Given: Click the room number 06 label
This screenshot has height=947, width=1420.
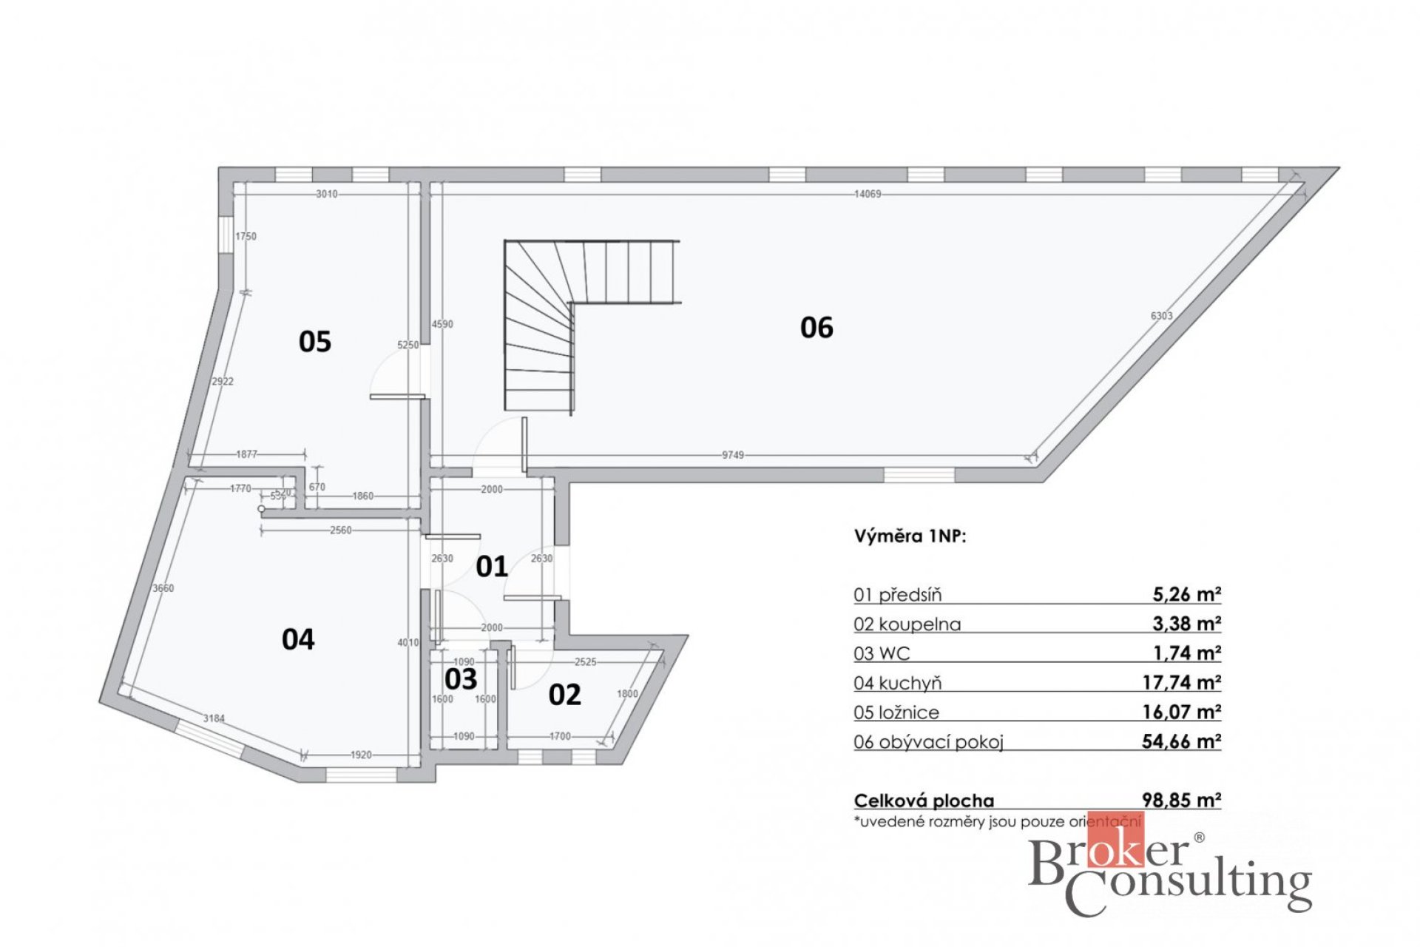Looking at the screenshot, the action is click(816, 327).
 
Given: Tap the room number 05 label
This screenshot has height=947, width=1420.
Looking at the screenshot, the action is click(314, 341).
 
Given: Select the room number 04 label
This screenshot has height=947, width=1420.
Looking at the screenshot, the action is click(298, 639).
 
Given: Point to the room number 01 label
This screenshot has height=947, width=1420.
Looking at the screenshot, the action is click(492, 567).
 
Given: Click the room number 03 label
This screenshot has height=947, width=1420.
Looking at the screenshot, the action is click(461, 679).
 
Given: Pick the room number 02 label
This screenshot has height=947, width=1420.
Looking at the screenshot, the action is click(564, 695).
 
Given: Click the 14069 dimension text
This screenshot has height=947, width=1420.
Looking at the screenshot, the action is click(868, 194).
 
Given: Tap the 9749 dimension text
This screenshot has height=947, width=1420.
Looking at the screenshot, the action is click(733, 455).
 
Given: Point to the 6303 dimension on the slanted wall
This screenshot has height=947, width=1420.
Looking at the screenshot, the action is click(1161, 316).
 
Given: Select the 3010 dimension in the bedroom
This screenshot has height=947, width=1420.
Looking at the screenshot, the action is click(326, 194).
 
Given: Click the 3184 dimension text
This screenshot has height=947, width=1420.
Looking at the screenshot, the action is click(214, 718).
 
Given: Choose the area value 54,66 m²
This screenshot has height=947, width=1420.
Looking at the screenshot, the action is click(1181, 741).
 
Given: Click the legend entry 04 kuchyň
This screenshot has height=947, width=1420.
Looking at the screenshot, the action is click(897, 683).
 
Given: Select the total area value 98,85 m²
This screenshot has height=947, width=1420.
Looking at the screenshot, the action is click(1181, 800).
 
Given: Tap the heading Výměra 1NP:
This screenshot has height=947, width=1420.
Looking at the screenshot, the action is click(910, 536).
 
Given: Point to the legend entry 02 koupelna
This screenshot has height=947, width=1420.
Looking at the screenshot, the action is click(907, 624).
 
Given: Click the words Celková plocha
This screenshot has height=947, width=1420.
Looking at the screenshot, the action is click(924, 801).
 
